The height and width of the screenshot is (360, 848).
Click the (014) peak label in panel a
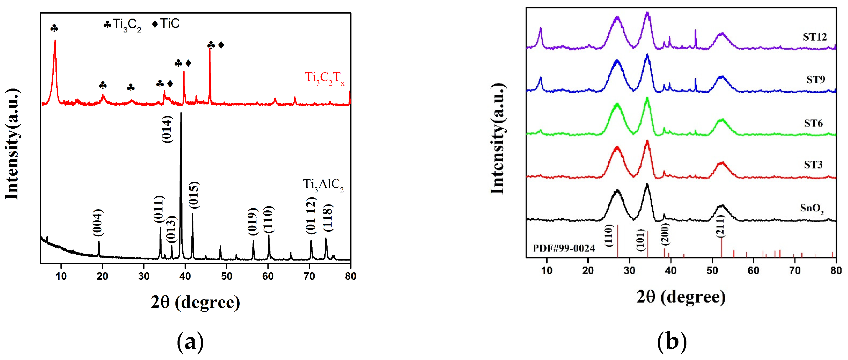click(x=167, y=129)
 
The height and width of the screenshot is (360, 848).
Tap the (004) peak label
click(x=98, y=223)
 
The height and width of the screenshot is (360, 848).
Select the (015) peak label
click(x=194, y=195)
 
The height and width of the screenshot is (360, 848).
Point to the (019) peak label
click(x=252, y=221)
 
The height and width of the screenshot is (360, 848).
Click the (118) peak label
click(x=328, y=218)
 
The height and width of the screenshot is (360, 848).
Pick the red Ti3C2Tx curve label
click(x=324, y=78)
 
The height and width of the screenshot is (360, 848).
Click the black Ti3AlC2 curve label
click(x=323, y=185)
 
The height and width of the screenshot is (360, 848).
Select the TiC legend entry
click(x=166, y=24)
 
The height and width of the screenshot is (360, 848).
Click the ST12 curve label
click(x=814, y=37)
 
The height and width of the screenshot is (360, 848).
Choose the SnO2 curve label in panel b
click(x=811, y=209)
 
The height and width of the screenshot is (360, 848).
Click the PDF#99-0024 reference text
click(x=563, y=248)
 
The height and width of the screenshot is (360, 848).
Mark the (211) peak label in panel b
click(x=721, y=226)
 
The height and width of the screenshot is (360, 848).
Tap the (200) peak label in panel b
click(x=665, y=234)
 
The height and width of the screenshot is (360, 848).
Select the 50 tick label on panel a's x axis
click(x=226, y=276)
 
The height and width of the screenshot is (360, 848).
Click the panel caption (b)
click(x=672, y=341)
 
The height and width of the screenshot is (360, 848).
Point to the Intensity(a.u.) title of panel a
click(x=12, y=144)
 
